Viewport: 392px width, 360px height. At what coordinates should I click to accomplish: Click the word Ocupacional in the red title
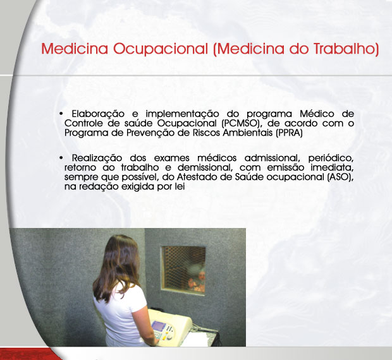tap(160, 49)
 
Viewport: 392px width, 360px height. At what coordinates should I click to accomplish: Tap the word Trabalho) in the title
tap(346, 49)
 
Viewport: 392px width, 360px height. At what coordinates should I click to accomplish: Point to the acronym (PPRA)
tap(289, 133)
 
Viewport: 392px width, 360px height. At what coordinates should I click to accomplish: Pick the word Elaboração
tap(98, 114)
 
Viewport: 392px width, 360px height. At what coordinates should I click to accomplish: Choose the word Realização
tap(97, 159)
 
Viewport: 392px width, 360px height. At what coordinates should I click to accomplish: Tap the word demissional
tap(205, 167)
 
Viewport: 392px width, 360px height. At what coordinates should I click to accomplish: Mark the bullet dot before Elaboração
tap(61, 114)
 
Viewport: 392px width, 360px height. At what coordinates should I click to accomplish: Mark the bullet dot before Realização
tap(61, 158)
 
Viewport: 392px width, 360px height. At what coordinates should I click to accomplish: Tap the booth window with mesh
tap(184, 270)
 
